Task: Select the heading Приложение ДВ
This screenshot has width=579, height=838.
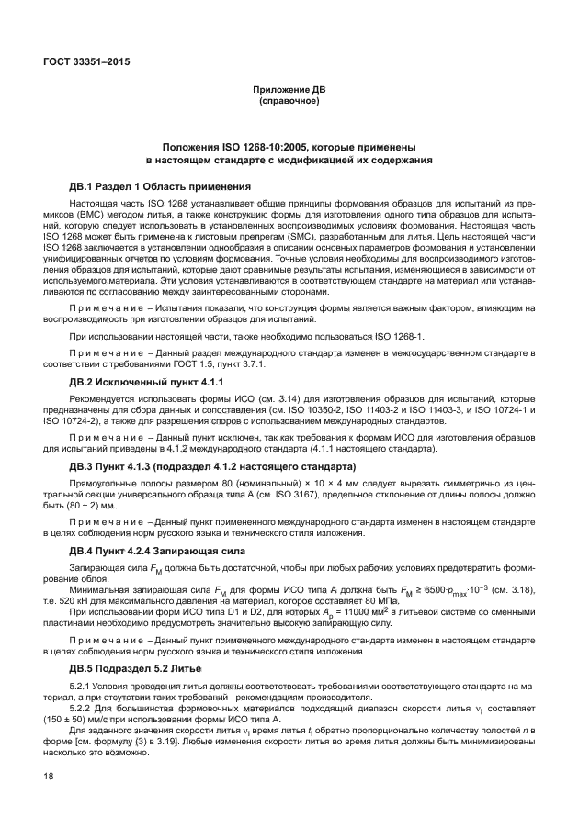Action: [x=289, y=89]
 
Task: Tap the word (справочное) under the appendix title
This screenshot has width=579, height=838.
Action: [x=289, y=100]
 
